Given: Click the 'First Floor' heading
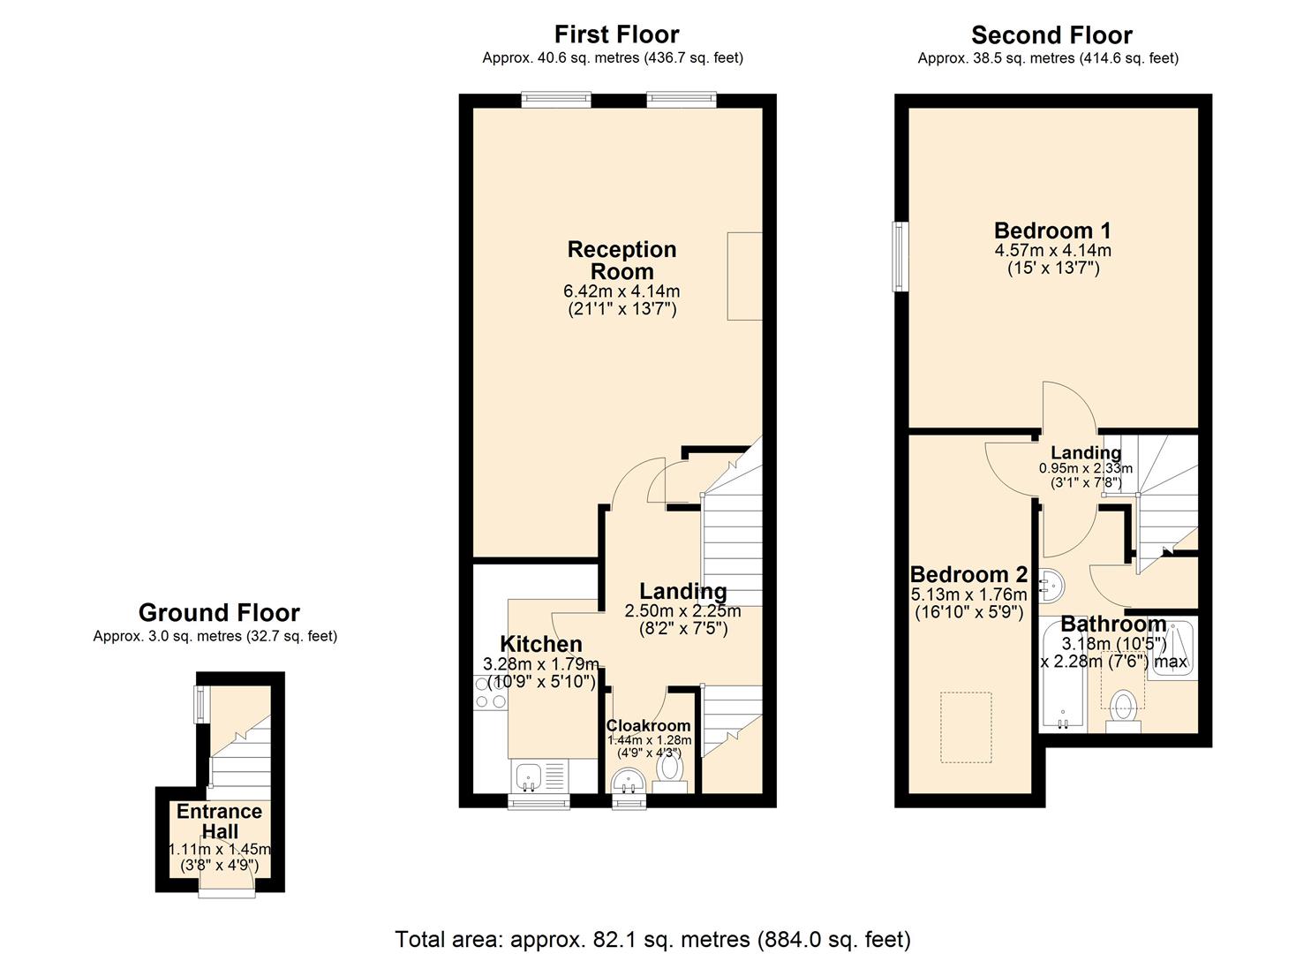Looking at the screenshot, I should pyautogui.click(x=616, y=34).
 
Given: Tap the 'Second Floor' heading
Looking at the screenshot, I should pyautogui.click(x=1051, y=35).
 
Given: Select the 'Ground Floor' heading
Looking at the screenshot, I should pyautogui.click(x=219, y=613).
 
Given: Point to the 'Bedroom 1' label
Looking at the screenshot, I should pyautogui.click(x=1052, y=231).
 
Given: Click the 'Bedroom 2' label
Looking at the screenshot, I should pyautogui.click(x=968, y=575).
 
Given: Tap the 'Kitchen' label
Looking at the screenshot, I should pyautogui.click(x=541, y=644).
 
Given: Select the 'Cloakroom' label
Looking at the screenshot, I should pyautogui.click(x=648, y=726).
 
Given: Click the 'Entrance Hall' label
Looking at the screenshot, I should pyautogui.click(x=219, y=821).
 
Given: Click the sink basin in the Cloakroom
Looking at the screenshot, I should pyautogui.click(x=629, y=781).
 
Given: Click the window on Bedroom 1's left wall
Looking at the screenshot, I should pyautogui.click(x=900, y=256).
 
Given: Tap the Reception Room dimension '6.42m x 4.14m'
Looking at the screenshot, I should pyautogui.click(x=622, y=291).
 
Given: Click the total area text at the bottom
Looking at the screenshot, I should pyautogui.click(x=652, y=938).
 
